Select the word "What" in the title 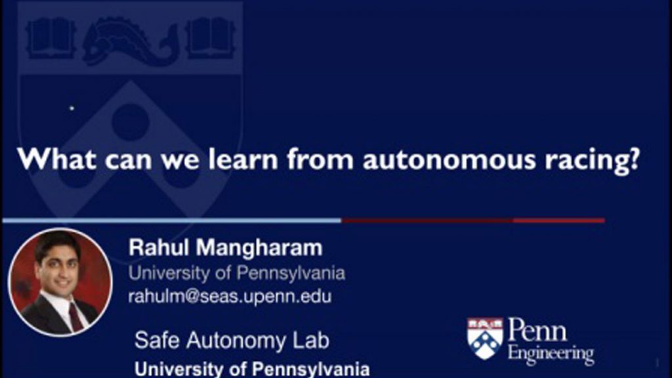pyautogui.click(x=56, y=158)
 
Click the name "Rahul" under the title pyautogui.click(x=158, y=247)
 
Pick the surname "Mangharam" pyautogui.click(x=259, y=247)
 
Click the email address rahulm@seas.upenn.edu pyautogui.click(x=230, y=297)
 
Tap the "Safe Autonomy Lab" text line pyautogui.click(x=232, y=341)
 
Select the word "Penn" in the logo pyautogui.click(x=537, y=330)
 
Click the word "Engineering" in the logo pyautogui.click(x=551, y=354)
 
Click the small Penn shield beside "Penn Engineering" pyautogui.click(x=485, y=339)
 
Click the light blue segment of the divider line pyautogui.click(x=172, y=220)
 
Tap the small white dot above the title pyautogui.click(x=72, y=108)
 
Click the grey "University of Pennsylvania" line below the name pyautogui.click(x=236, y=273)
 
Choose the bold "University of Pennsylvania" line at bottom pyautogui.click(x=252, y=369)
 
